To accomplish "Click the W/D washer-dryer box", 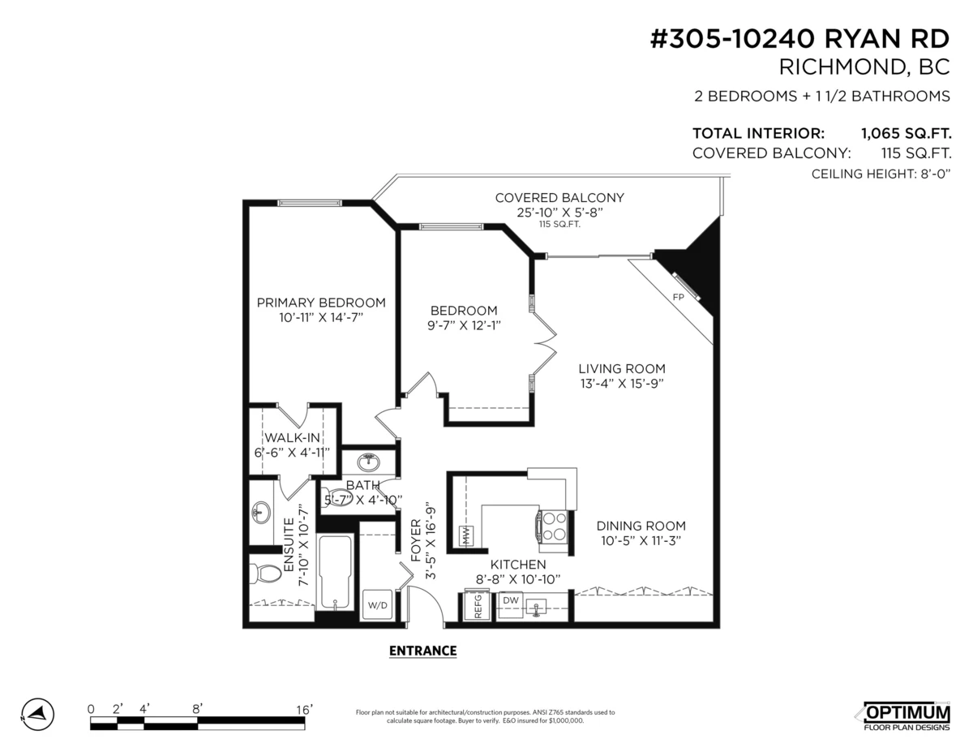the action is [378, 604].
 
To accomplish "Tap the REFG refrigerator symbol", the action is [477, 605].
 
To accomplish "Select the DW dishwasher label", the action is [511, 600].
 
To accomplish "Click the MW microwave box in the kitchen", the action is [467, 535].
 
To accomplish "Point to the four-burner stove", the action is [554, 526].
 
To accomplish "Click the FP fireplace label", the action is [678, 297].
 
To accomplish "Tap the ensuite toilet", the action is [264, 574].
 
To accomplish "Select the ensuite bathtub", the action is [335, 571].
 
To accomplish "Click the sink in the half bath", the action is [368, 462].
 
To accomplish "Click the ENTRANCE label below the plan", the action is [422, 651].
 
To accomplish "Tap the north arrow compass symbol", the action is [37, 715].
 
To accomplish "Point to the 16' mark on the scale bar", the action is [304, 710].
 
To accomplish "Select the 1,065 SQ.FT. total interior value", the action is [907, 134].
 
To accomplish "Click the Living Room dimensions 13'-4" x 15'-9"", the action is [621, 384].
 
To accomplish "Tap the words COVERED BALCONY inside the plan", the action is [559, 197].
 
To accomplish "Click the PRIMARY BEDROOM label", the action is [321, 303].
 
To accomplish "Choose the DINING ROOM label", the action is [641, 526].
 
